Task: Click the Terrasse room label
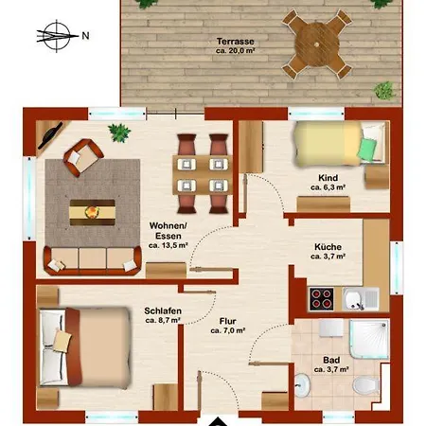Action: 236,42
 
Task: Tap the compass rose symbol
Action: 57,36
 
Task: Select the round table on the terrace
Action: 317,44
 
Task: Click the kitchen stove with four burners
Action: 321,299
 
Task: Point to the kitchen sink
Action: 361,299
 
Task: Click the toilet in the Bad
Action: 366,385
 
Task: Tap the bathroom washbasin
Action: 302,385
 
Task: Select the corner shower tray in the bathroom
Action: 369,339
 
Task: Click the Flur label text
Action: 228,321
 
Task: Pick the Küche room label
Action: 328,247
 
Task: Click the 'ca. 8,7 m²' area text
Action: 163,320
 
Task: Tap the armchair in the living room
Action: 83,158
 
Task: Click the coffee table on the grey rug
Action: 92,212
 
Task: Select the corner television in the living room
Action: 50,135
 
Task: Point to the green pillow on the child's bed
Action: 366,149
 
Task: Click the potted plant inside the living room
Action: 119,133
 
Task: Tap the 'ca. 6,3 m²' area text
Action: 328,187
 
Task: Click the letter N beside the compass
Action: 85,36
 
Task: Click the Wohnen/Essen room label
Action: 169,231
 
